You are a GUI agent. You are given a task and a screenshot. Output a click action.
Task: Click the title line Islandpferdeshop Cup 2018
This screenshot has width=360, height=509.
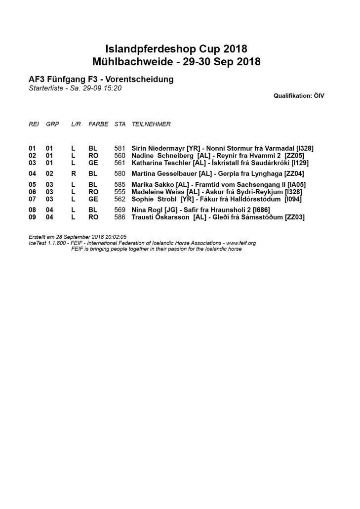click(176, 49)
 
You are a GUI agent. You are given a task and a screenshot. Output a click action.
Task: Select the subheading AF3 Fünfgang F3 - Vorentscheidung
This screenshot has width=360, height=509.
click(101, 80)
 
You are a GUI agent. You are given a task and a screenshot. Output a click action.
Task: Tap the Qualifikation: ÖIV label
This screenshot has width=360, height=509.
click(299, 95)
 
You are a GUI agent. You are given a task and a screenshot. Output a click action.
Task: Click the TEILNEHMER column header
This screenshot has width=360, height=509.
click(151, 124)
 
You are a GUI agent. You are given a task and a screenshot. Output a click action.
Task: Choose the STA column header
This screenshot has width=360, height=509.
click(120, 124)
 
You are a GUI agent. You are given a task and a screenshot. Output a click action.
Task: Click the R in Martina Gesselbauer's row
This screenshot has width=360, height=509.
click(73, 173)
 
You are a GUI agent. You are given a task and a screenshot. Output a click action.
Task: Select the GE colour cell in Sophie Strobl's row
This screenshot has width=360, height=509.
click(93, 199)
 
